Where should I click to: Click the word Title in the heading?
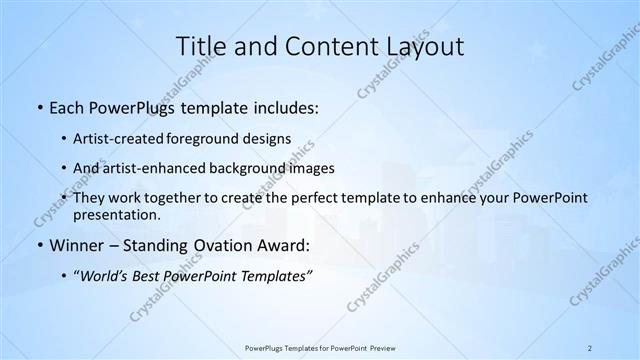pos(200,46)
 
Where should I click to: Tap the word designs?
pos(269,138)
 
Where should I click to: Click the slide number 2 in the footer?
pos(590,347)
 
